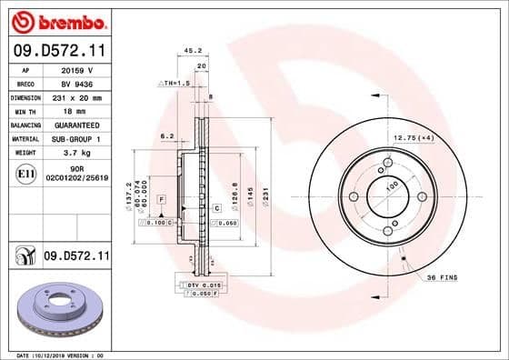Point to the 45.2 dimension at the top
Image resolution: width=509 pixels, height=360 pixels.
point(192,51)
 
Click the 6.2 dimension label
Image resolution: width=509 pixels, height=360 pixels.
point(166,135)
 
